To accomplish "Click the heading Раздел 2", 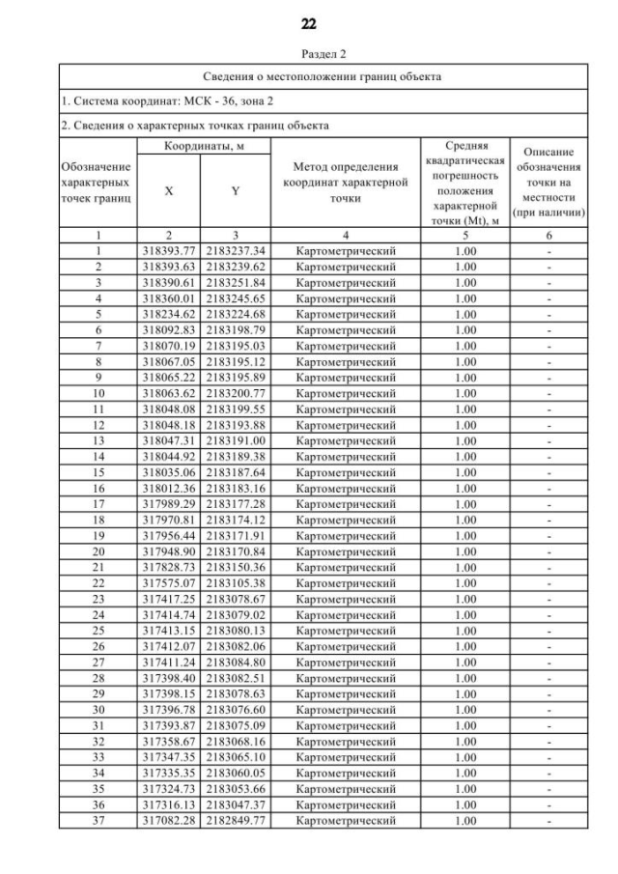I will [x=309, y=54].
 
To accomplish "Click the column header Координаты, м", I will [x=201, y=145].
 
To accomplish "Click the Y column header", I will [x=236, y=191].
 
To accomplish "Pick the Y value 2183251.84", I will [x=236, y=282].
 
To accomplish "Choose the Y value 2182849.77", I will [x=236, y=821].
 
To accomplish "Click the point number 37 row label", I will [x=98, y=821].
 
